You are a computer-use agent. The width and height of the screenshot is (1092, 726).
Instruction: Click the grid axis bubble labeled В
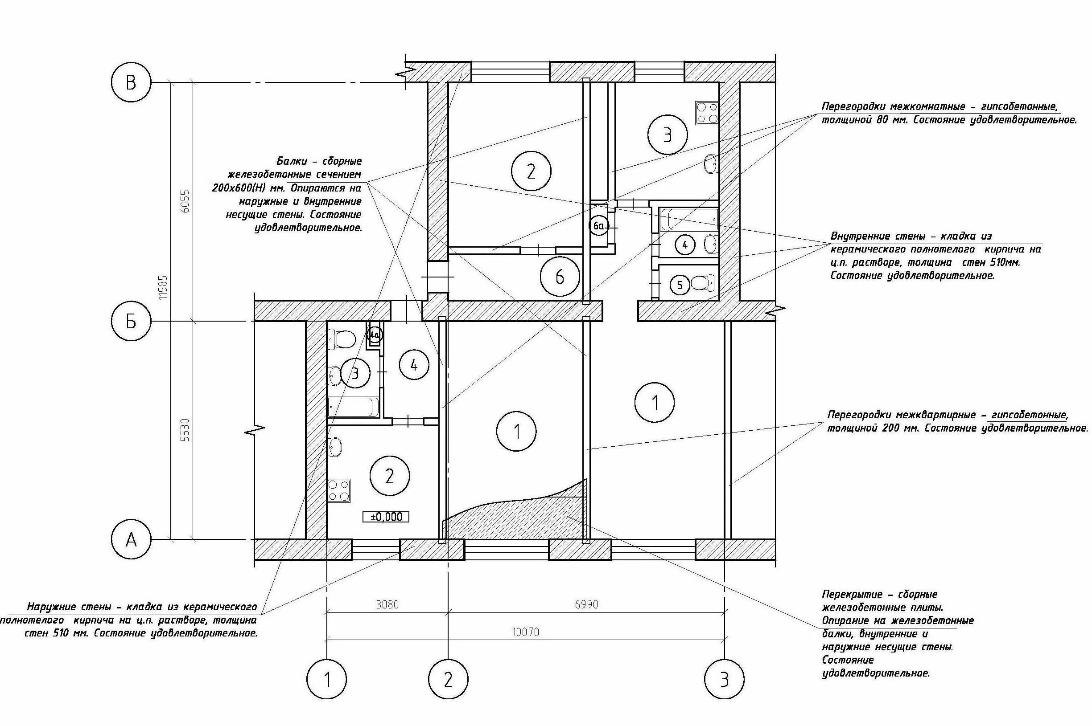coord(131,83)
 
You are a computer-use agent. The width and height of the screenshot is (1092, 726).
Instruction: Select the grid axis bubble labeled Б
coord(131,321)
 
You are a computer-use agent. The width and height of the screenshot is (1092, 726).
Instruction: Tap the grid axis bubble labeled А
coord(131,539)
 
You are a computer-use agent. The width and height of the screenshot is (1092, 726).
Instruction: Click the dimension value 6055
coord(185,201)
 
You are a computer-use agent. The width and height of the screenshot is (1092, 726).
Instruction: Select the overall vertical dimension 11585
coord(163,287)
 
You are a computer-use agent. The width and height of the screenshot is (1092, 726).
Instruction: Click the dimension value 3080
coord(387,605)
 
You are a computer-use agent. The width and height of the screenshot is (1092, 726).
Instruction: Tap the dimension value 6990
coord(586,605)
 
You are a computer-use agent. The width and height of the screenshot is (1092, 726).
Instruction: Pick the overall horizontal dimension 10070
coord(526,632)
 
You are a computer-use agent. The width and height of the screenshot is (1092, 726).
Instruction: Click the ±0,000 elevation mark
coord(386,517)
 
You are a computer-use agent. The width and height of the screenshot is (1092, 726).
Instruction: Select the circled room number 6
coord(560,277)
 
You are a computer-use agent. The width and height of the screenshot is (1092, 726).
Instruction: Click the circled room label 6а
coord(598,226)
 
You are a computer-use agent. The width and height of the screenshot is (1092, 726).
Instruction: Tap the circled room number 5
coord(680,285)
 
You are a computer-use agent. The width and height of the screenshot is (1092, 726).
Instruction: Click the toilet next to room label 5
coord(702,282)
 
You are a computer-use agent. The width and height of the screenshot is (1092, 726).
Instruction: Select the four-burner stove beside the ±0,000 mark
coord(339,491)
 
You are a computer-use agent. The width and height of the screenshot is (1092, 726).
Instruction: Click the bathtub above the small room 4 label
coord(689,219)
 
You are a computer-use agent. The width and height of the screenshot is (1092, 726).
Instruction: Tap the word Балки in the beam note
coord(293,162)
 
